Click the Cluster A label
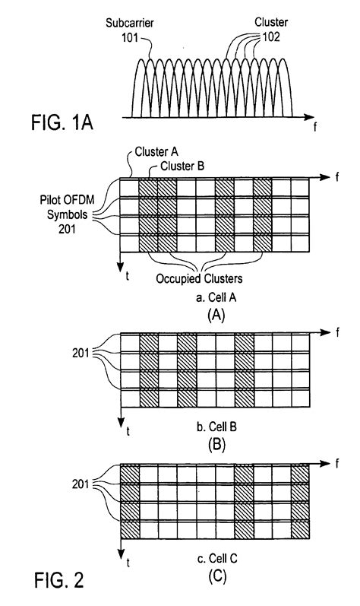click(153, 153)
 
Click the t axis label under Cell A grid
click(128, 276)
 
